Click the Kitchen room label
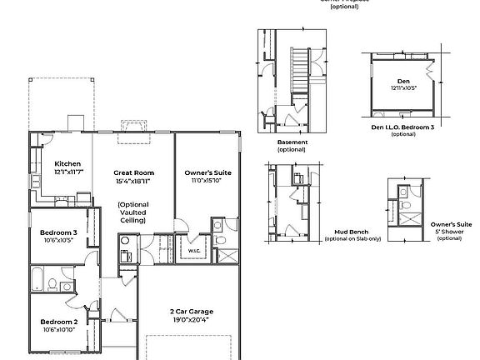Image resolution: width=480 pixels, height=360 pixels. (x=67, y=163)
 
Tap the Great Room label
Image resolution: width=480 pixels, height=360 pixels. (x=132, y=172)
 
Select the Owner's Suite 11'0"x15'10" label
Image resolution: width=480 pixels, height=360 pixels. (x=207, y=172)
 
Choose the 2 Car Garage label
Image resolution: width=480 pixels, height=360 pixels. (x=191, y=311)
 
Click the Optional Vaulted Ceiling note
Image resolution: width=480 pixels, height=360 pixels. (x=132, y=212)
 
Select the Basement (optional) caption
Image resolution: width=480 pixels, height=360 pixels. (x=292, y=146)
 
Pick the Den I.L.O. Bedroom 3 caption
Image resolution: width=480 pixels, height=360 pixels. (x=402, y=127)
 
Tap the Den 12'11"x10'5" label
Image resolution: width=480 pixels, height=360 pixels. (x=402, y=84)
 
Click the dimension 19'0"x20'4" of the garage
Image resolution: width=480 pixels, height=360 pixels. (x=191, y=319)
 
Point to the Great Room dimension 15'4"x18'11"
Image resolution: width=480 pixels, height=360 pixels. (x=132, y=181)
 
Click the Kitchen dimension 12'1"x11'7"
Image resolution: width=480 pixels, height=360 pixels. (x=67, y=172)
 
